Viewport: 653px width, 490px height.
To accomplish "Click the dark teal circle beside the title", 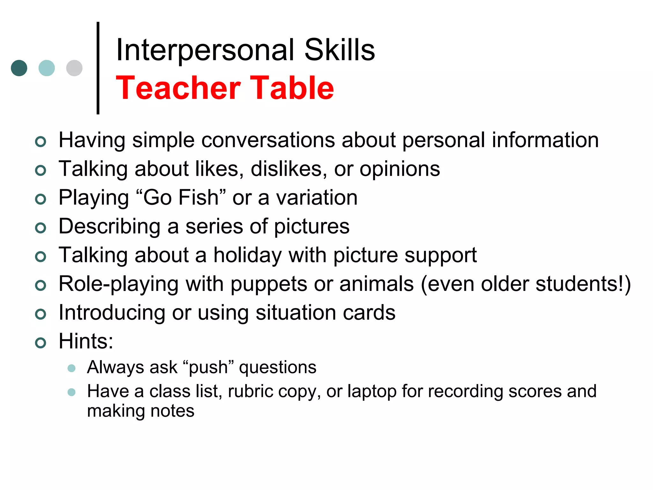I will (19, 68).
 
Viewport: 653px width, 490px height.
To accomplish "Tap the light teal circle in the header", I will (47, 68).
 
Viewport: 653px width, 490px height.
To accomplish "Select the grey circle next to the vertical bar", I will (74, 68).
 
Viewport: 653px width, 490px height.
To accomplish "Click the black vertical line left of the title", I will (98, 68).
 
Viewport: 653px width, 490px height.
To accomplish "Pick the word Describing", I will (109, 227).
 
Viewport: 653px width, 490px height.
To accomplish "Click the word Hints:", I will (86, 341).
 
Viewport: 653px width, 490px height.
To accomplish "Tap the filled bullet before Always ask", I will (71, 368).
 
